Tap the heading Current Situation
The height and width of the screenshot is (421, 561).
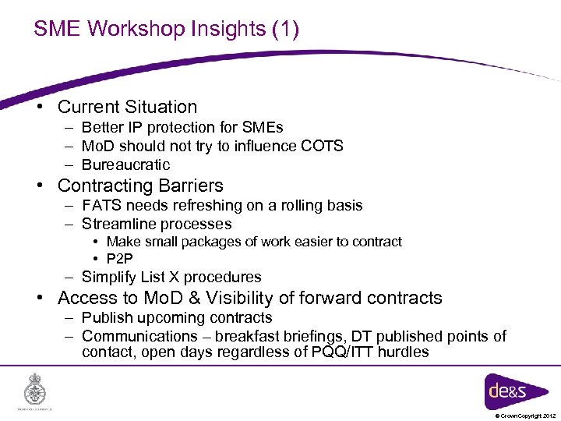tap(127, 107)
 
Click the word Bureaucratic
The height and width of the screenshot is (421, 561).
tap(125, 165)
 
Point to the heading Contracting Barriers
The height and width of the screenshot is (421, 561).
tap(140, 186)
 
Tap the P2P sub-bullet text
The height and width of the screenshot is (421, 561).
tap(121, 258)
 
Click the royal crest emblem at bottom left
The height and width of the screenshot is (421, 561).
tap(35, 388)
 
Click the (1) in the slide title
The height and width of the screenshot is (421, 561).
tap(286, 29)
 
